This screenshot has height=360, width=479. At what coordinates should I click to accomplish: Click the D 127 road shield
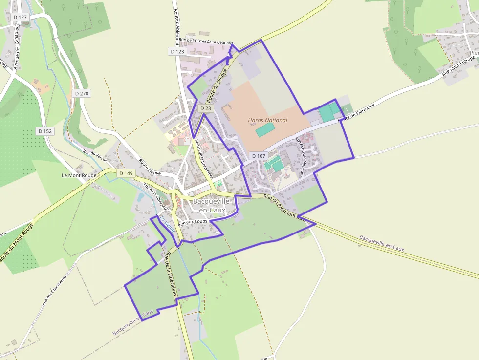tap(21, 17)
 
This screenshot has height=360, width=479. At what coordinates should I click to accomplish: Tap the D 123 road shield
tap(178, 51)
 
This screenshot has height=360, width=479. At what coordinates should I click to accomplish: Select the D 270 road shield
tap(82, 93)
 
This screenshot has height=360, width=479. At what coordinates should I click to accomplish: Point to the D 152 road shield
tap(45, 131)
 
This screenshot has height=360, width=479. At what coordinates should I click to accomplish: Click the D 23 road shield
tap(206, 108)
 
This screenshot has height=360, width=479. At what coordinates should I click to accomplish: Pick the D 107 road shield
tap(259, 156)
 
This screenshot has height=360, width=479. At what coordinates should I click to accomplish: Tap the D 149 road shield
tap(126, 173)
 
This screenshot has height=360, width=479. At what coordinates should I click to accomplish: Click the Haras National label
tap(268, 120)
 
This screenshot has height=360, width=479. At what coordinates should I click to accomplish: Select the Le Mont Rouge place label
tap(79, 175)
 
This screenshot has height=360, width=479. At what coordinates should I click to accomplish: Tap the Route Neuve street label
tap(150, 167)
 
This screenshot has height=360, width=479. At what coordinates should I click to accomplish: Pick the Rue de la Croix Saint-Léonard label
tap(206, 42)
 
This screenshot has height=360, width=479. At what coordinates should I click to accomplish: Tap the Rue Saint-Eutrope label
tap(459, 67)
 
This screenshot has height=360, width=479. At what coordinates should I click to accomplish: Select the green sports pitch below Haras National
tap(265, 130)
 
